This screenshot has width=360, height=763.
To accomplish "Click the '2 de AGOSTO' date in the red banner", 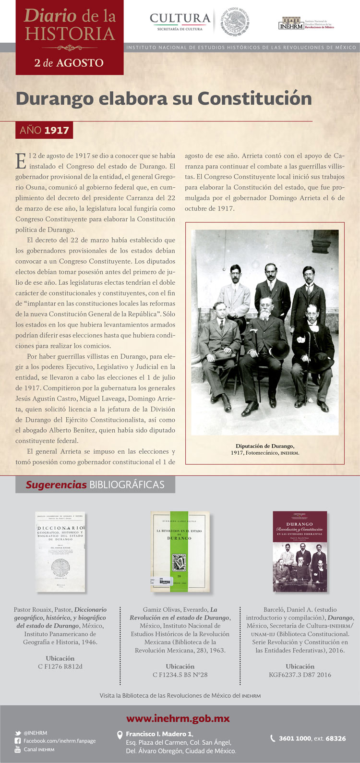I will tap(69, 63).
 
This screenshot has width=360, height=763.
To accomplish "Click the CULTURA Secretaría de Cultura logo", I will tap(180, 22).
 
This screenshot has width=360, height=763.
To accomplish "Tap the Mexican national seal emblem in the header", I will tap(235, 22).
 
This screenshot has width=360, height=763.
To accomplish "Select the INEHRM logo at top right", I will tap(306, 24).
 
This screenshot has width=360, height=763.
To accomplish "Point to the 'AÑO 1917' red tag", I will tap(44, 130).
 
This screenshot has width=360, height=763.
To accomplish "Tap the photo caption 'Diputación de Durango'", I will tap(265, 446).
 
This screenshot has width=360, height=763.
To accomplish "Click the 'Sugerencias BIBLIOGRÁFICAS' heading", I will tap(95, 484).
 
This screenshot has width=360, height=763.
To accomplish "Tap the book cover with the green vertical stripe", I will tap(180, 551).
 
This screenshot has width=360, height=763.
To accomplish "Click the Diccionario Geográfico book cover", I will tap(60, 551).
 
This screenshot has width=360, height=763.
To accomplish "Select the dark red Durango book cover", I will tap(300, 551).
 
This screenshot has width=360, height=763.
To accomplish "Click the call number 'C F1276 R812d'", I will tap(60, 666).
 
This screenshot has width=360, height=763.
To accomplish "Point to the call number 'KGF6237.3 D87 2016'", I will tap(300, 675).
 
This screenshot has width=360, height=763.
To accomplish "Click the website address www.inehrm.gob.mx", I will tap(178, 719).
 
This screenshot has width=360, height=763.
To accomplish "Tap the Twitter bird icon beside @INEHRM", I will tap(18, 733).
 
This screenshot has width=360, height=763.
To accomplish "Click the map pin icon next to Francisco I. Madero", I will tap(120, 735).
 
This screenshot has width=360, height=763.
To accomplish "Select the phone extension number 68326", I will tap(336, 739).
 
